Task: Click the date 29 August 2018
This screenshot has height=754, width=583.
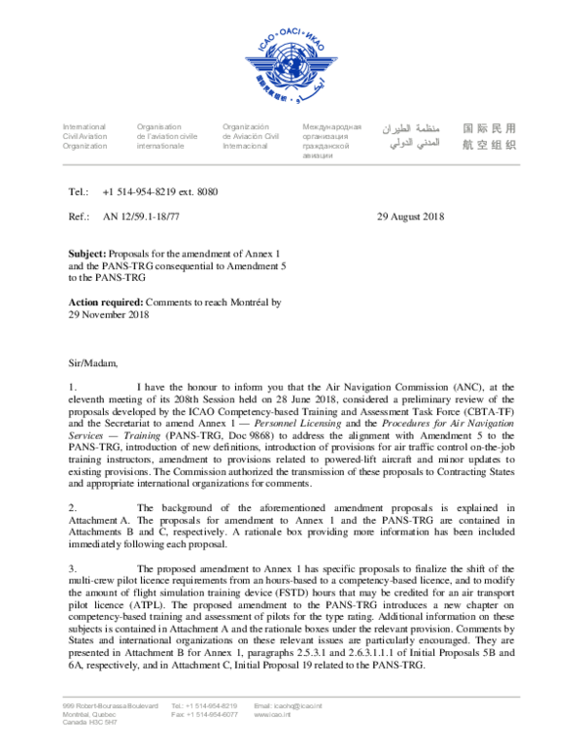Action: click(409, 217)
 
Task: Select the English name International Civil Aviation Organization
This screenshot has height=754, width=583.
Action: click(86, 136)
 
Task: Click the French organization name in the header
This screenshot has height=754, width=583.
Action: click(166, 136)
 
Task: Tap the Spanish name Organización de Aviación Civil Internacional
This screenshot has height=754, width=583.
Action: click(251, 136)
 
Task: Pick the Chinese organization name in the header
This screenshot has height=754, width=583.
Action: click(489, 136)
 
